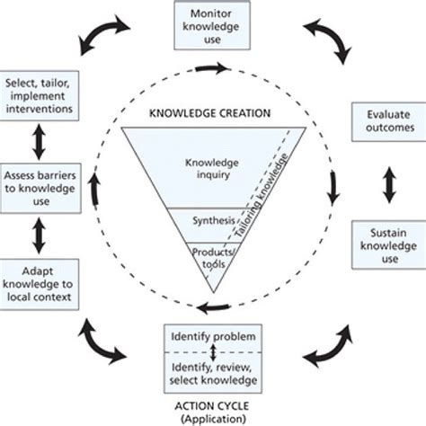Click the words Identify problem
(x=213, y=336)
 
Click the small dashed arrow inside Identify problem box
(x=213, y=351)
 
